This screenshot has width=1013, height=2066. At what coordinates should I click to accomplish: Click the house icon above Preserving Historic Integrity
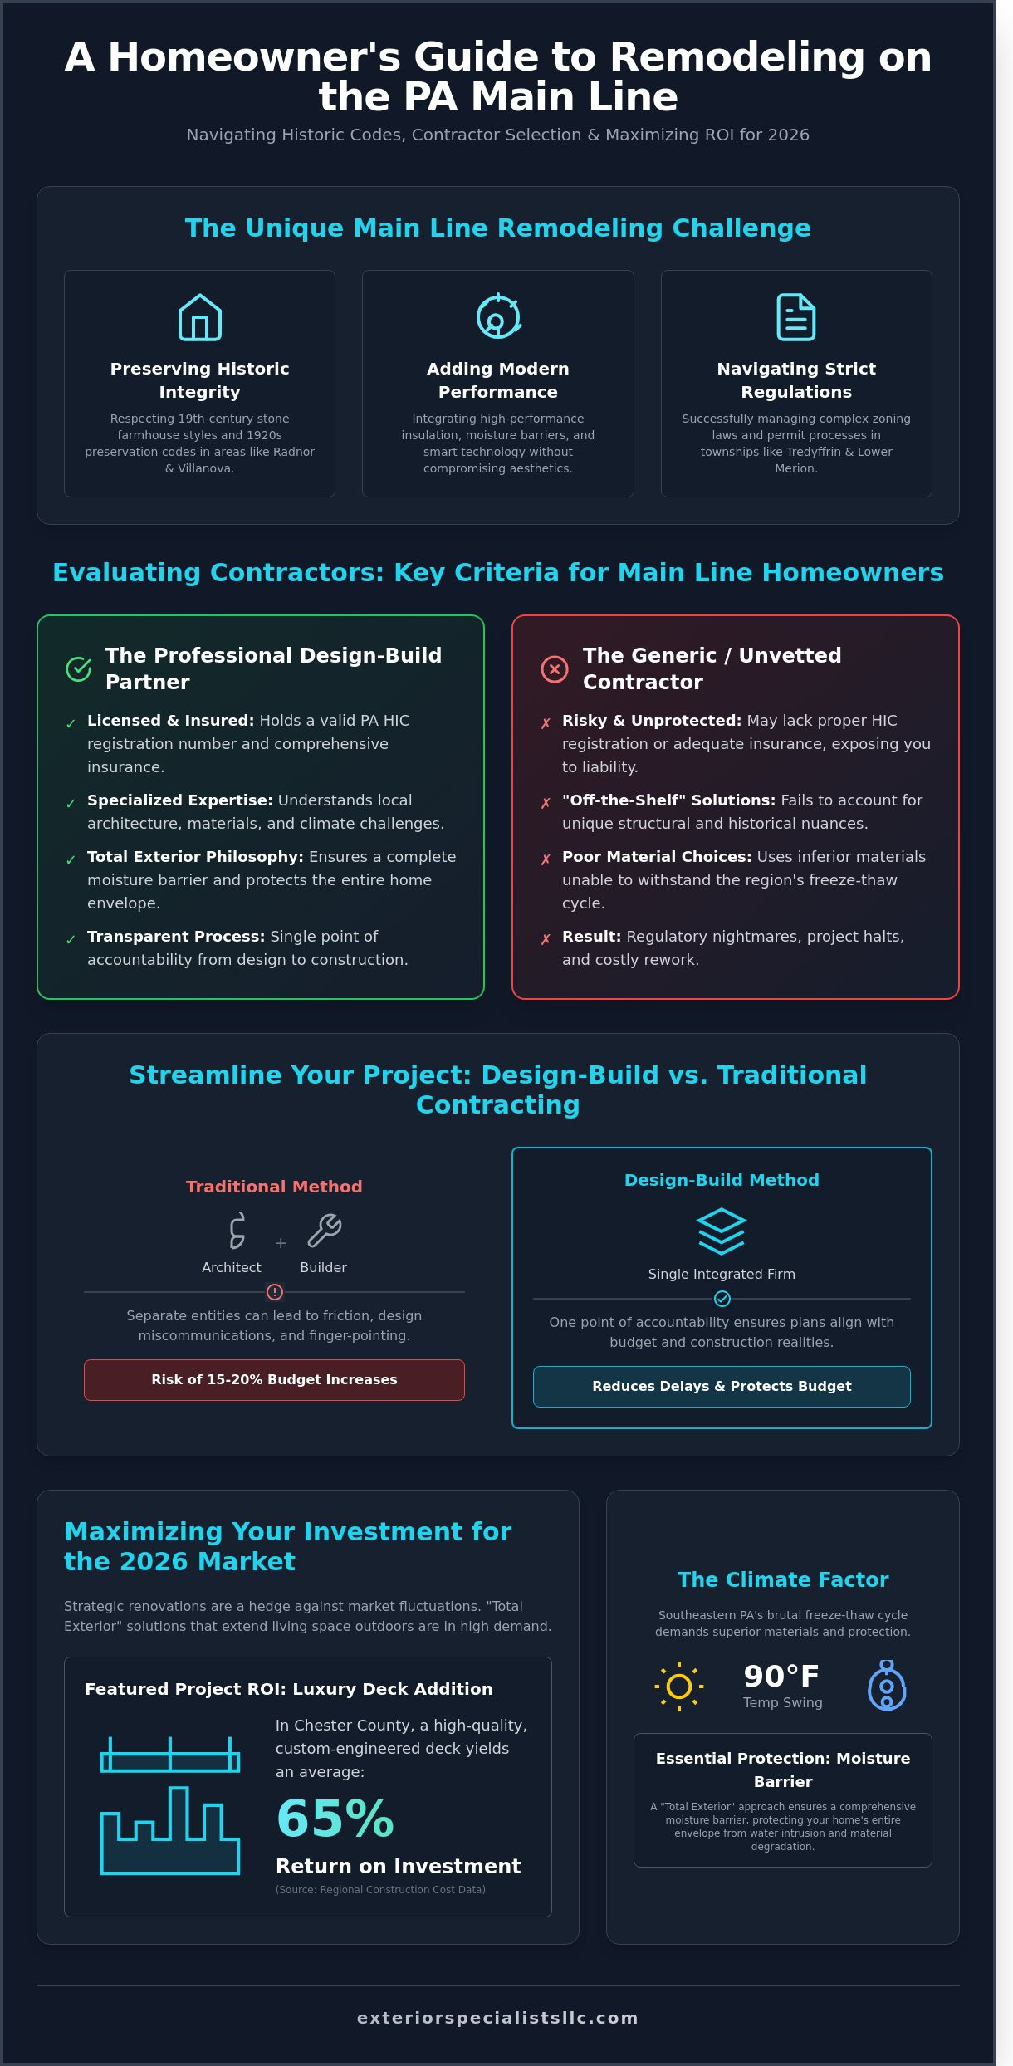[x=200, y=317]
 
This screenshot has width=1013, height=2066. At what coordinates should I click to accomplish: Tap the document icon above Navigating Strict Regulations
[x=795, y=317]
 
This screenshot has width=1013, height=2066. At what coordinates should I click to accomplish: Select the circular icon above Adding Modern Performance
[x=498, y=316]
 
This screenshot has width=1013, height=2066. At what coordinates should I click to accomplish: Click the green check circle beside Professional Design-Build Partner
[x=78, y=668]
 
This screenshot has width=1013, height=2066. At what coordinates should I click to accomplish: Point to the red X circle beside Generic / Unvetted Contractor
[x=555, y=668]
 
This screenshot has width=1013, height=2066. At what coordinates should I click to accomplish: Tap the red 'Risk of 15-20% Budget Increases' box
[x=274, y=1379]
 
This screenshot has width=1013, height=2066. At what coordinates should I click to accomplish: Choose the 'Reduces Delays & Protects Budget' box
[x=722, y=1386]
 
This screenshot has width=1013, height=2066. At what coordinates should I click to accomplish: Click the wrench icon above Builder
[x=324, y=1231]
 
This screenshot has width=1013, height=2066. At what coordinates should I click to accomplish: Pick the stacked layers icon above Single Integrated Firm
[x=722, y=1231]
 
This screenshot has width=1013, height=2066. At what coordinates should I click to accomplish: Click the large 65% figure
[x=335, y=1818]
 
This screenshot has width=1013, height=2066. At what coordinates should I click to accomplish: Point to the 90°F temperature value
[x=781, y=1677]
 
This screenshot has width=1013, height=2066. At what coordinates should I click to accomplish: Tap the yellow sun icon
[x=679, y=1686]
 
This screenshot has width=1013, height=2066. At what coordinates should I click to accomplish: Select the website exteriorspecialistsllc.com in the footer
[x=498, y=2018]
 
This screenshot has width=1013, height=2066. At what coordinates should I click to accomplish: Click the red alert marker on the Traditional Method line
[x=275, y=1292]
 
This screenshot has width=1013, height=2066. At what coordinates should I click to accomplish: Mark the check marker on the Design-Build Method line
[x=722, y=1299]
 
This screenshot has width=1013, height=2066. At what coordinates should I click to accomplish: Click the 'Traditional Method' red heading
[x=274, y=1187]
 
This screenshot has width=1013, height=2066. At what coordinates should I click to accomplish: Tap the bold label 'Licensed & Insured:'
[x=170, y=721]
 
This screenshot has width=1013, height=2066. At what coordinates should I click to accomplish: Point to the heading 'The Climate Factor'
[x=783, y=1579]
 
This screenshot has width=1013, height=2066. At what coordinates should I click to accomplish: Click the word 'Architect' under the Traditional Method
[x=232, y=1267]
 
